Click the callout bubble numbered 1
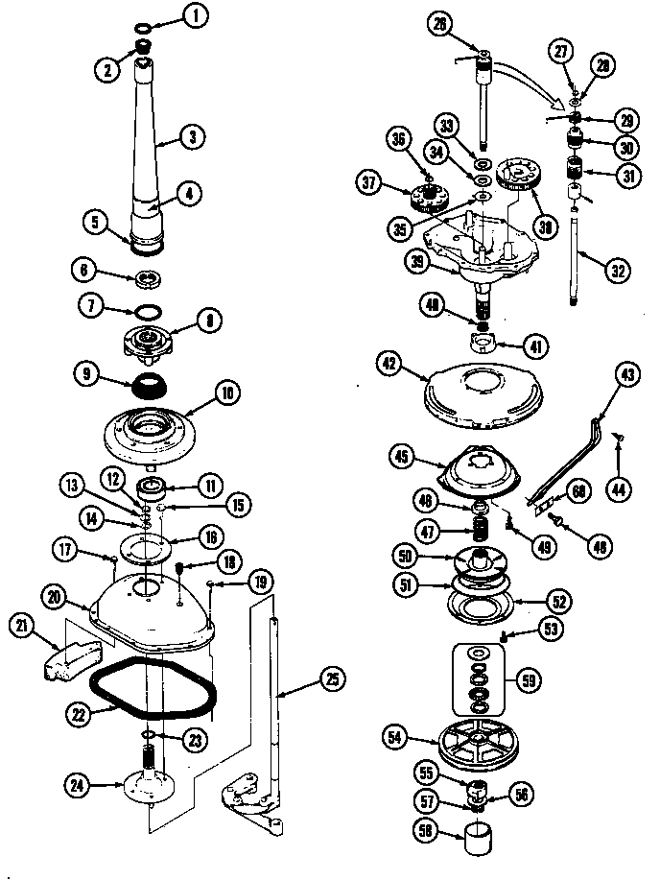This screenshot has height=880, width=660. (196, 14)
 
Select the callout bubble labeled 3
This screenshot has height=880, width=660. (192, 137)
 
